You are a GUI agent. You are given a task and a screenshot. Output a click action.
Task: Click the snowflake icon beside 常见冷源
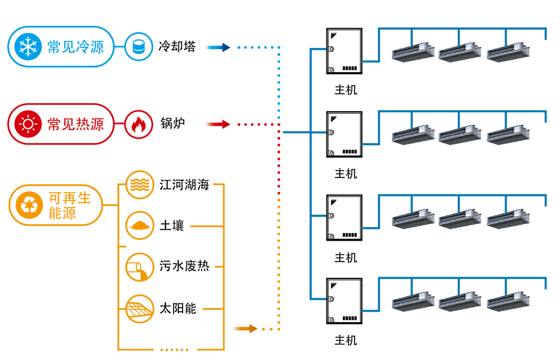(27, 47)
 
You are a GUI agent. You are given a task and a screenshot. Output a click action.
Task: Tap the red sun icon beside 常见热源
(27, 124)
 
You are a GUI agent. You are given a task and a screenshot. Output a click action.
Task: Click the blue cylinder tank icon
(138, 47)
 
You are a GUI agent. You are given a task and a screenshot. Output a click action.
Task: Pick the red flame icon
(138, 124)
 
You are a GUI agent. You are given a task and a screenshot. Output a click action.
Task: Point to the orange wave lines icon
(139, 185)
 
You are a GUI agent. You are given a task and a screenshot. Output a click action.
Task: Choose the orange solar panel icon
(139, 309)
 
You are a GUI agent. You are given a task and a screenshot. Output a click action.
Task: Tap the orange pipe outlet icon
(139, 268)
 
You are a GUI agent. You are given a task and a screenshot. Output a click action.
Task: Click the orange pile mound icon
(139, 226)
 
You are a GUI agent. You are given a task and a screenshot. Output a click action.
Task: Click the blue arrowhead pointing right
(226, 47)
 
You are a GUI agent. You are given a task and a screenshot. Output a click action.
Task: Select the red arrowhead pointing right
(226, 124)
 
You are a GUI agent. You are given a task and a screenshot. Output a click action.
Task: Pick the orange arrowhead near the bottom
(253, 328)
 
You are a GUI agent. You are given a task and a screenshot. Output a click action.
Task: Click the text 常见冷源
(76, 47)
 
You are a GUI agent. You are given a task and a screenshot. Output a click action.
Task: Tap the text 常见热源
(76, 124)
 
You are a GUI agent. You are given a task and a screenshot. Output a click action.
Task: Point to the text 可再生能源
(69, 205)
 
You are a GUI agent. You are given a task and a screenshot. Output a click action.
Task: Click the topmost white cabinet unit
(344, 51)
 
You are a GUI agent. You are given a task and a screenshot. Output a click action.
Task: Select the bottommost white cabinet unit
(344, 301)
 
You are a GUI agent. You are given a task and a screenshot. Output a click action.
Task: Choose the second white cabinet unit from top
(344, 134)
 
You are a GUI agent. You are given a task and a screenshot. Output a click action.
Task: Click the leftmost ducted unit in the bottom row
(413, 302)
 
